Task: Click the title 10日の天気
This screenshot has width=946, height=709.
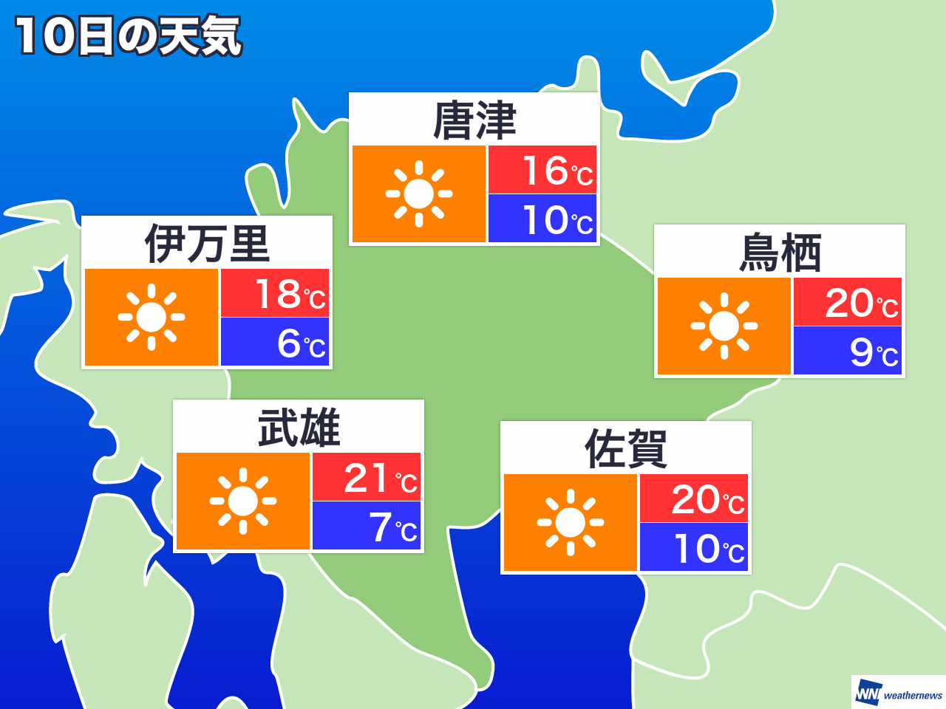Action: point(128,36)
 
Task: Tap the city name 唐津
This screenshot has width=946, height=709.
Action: point(474,120)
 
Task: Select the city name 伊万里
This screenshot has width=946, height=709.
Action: point(207,244)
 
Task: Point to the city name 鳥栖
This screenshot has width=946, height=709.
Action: point(780,253)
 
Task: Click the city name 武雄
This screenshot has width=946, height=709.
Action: point(299,428)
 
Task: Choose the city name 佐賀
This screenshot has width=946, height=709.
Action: point(626,449)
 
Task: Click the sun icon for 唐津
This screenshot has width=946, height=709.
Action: point(419,193)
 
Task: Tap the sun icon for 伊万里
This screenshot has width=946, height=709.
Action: point(152,317)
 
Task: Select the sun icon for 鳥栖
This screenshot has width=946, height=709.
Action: point(724,326)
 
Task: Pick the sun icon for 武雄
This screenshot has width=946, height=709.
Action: point(243,501)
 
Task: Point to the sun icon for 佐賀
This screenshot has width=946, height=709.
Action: point(571,522)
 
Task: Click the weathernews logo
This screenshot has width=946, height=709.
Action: point(899,693)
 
